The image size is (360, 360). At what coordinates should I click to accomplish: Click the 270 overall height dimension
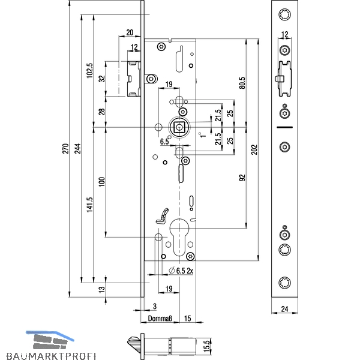[65, 149]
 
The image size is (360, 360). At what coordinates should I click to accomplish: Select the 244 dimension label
[78, 149]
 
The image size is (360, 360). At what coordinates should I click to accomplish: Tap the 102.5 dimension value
[89, 71]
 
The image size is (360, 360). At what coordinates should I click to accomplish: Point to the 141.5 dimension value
[89, 205]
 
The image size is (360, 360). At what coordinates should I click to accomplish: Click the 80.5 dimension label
[242, 83]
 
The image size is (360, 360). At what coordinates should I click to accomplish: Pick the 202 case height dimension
[254, 149]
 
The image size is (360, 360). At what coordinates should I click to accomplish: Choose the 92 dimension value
[242, 178]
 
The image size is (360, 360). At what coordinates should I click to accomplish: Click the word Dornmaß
[160, 319]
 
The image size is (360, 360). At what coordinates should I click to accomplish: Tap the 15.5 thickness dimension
[207, 346]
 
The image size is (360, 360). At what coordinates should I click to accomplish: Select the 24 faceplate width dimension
[284, 309]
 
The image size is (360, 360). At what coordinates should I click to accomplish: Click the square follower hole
[179, 127]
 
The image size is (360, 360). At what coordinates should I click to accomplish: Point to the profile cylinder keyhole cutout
[179, 237]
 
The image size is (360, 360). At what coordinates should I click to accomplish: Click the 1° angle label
[202, 135]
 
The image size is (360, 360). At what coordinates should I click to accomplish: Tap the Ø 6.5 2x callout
[181, 271]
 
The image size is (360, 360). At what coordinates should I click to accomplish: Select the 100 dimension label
[102, 182]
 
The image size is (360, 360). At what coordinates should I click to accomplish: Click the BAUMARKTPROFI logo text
[51, 356]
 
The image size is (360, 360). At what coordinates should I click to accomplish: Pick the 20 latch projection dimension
[130, 32]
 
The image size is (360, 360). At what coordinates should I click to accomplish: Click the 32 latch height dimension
[102, 79]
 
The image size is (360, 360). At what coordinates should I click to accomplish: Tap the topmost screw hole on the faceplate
[284, 14]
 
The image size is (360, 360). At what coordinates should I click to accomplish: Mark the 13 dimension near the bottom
[102, 289]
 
